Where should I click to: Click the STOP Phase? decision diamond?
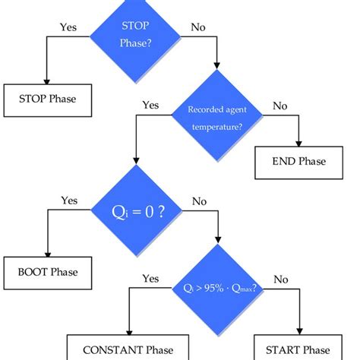pyautogui.click(x=134, y=36)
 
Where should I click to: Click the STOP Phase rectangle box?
pyautogui.click(x=46, y=99)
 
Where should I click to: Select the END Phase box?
pyautogui.click(x=301, y=162)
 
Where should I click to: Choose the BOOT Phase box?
pyautogui.click(x=47, y=270)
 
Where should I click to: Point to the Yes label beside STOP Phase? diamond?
pyautogui.click(x=69, y=27)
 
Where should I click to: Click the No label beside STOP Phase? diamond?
pyautogui.click(x=198, y=27)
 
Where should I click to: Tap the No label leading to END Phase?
pyautogui.click(x=281, y=106)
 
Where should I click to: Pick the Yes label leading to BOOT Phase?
pyautogui.click(x=69, y=201)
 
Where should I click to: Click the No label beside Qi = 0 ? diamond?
pyautogui.click(x=199, y=201)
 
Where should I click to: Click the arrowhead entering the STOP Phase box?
pyautogui.click(x=47, y=82)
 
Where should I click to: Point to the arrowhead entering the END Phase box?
pyautogui.click(x=301, y=145)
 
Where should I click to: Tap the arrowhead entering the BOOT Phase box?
pyautogui.click(x=47, y=254)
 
